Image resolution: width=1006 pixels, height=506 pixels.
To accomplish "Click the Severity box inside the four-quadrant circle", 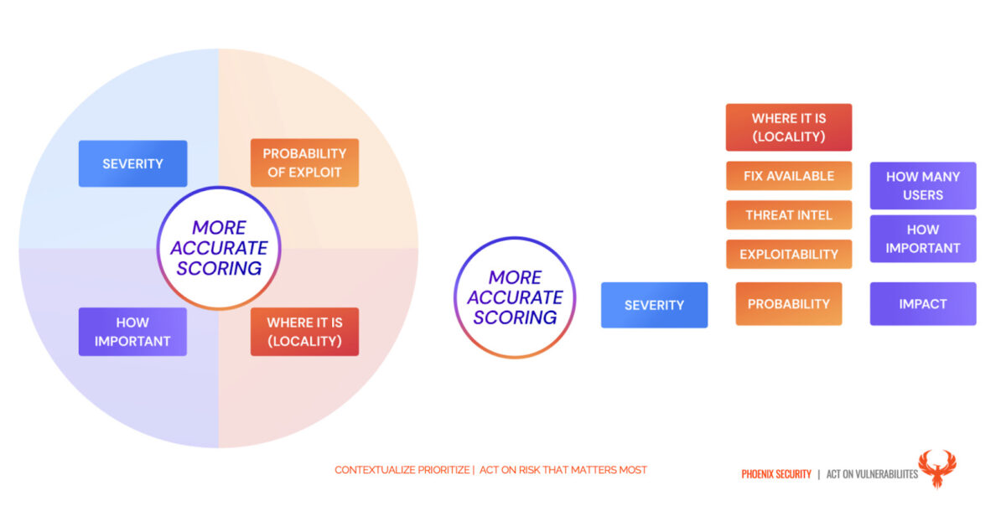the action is [133, 163].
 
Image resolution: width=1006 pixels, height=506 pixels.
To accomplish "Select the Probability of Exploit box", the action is [304, 163].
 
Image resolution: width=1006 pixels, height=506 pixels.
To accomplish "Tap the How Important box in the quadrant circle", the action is [132, 332].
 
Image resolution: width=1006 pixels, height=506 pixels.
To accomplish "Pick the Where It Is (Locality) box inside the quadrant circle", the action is [304, 332].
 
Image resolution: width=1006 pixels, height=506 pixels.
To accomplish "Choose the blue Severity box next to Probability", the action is [655, 305].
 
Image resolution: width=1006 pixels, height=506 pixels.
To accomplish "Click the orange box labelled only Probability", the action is [789, 304].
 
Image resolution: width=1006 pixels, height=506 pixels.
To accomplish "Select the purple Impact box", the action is [923, 304].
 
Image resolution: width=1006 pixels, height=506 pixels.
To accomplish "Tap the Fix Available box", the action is [789, 176].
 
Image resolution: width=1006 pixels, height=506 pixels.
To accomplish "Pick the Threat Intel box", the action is [789, 215].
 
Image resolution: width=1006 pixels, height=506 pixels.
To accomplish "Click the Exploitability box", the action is [789, 254].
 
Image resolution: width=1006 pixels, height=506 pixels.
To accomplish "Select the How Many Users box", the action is [923, 185].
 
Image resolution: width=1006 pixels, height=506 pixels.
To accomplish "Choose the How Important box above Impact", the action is [923, 239].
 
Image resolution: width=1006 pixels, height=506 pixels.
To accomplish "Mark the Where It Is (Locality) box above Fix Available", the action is [789, 127].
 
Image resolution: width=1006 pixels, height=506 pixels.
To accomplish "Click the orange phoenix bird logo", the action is [937, 467].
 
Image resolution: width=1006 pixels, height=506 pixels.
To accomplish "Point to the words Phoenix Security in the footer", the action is [776, 474].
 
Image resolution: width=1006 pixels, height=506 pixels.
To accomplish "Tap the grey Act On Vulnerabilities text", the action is [872, 474].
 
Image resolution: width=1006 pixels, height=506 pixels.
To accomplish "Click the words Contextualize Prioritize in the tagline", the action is [402, 470].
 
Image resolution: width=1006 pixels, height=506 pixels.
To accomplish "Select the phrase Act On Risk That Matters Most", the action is [563, 470].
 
